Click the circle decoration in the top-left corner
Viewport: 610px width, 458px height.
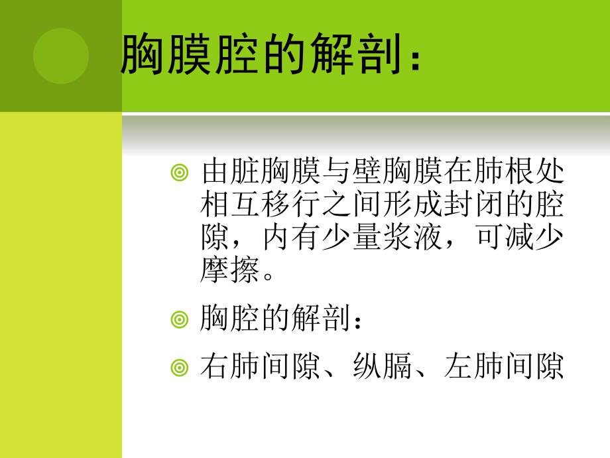tap(61, 56)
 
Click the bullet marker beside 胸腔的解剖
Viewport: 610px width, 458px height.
tap(179, 320)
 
